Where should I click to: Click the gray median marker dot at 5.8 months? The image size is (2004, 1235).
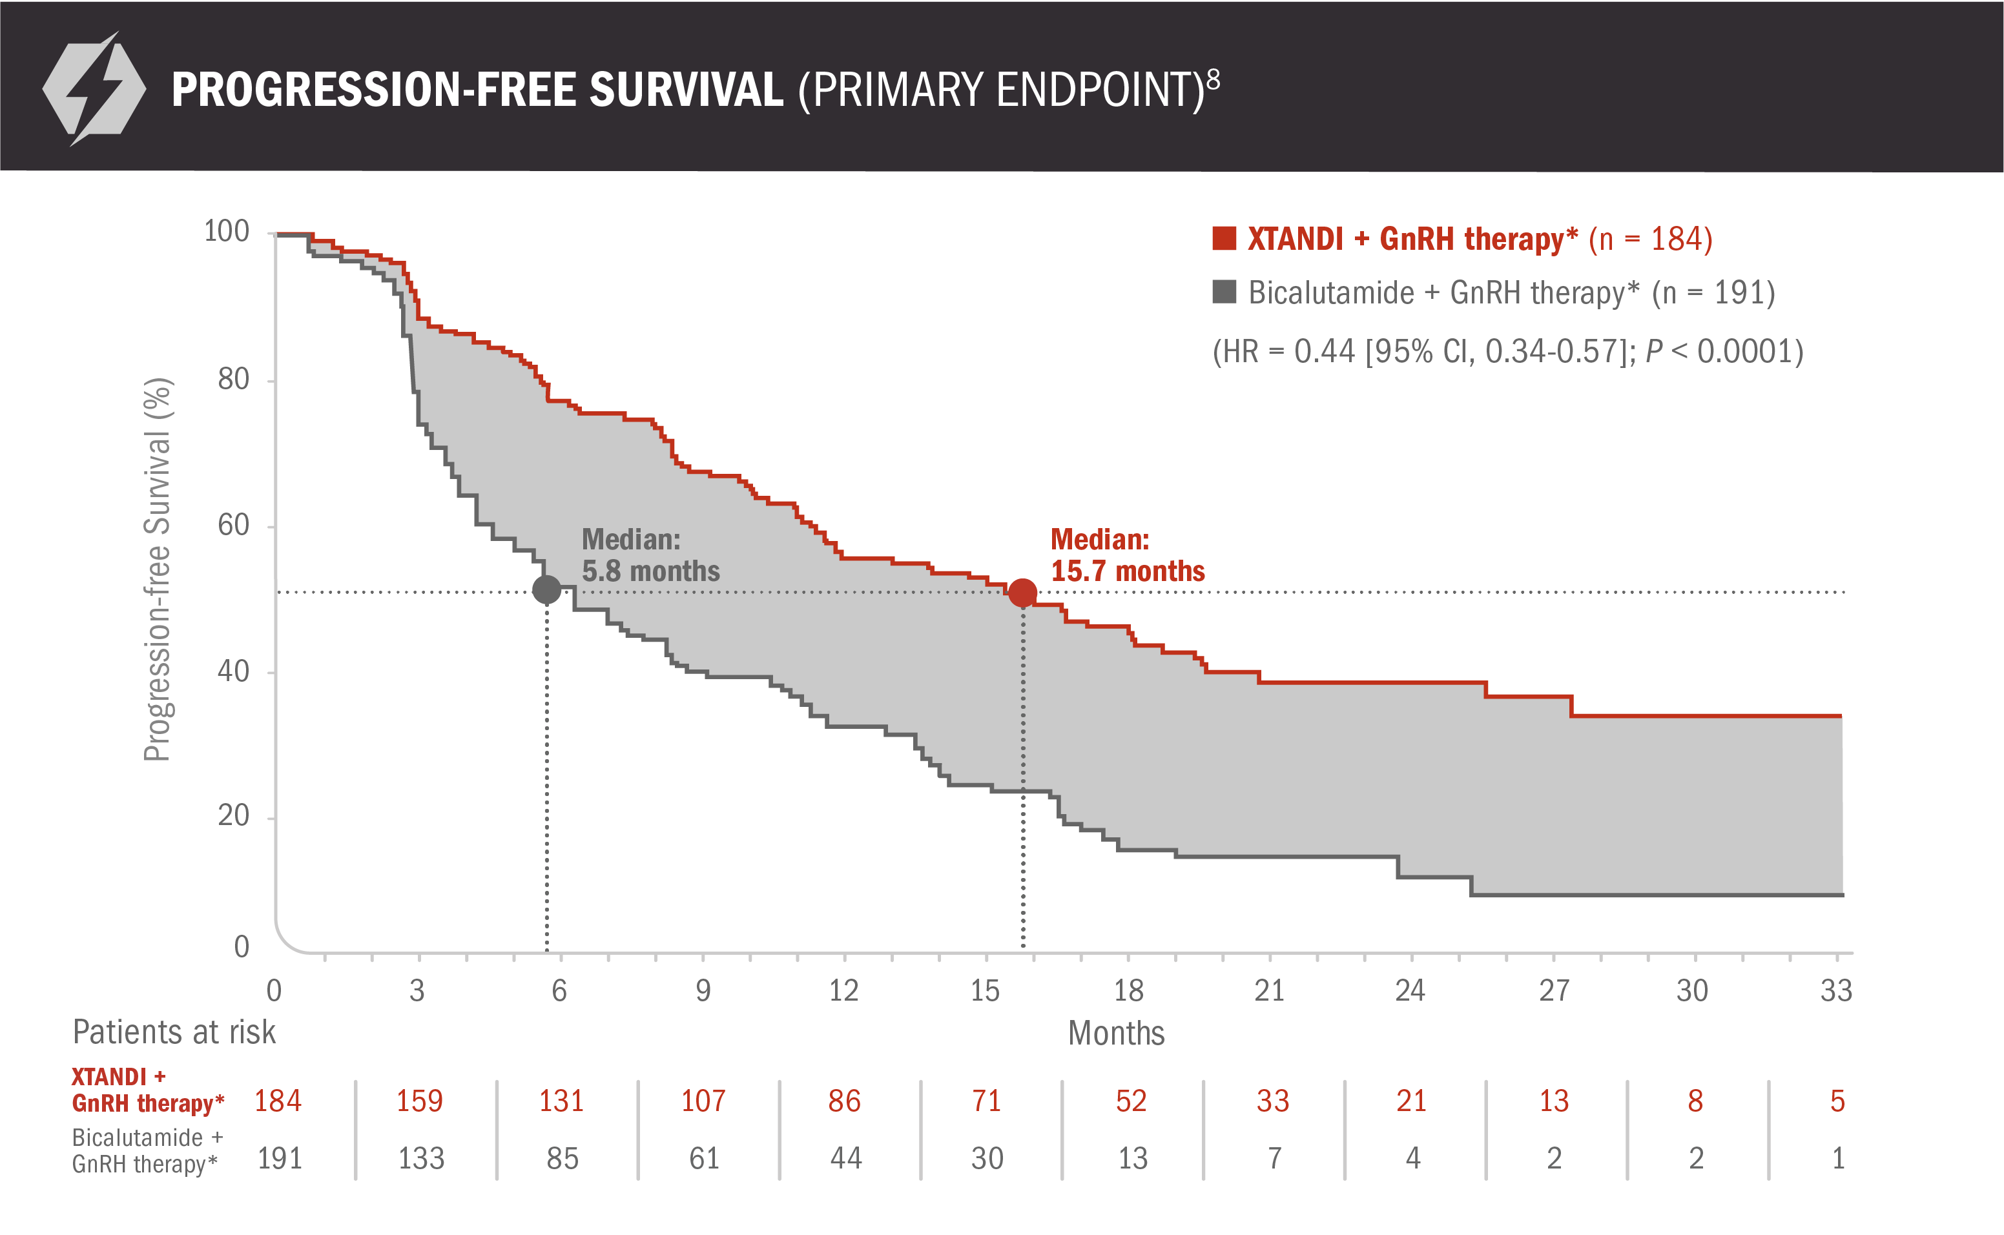click(546, 589)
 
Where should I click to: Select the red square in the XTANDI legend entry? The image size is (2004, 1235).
click(1224, 238)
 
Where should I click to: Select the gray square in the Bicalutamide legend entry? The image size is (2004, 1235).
click(1224, 292)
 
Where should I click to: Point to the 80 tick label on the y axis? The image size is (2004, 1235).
click(234, 379)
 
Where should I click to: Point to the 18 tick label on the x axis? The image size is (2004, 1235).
click(1128, 991)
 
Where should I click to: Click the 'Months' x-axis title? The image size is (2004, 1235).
click(1116, 1033)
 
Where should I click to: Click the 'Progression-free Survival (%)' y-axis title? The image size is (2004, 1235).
click(157, 569)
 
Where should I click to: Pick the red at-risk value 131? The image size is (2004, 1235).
click(561, 1101)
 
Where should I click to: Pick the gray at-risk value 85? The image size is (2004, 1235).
click(562, 1158)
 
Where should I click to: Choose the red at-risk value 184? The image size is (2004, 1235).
click(278, 1101)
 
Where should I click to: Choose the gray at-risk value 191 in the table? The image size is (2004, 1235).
click(280, 1158)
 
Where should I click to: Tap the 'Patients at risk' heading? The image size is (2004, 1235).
click(174, 1032)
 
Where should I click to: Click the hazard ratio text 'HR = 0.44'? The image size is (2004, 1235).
click(1283, 352)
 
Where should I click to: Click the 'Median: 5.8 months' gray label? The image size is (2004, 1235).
click(650, 555)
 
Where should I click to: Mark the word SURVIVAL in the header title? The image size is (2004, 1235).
click(687, 90)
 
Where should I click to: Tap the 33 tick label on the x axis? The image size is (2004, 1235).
click(1835, 991)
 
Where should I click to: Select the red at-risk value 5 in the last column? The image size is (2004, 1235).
click(1837, 1101)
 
